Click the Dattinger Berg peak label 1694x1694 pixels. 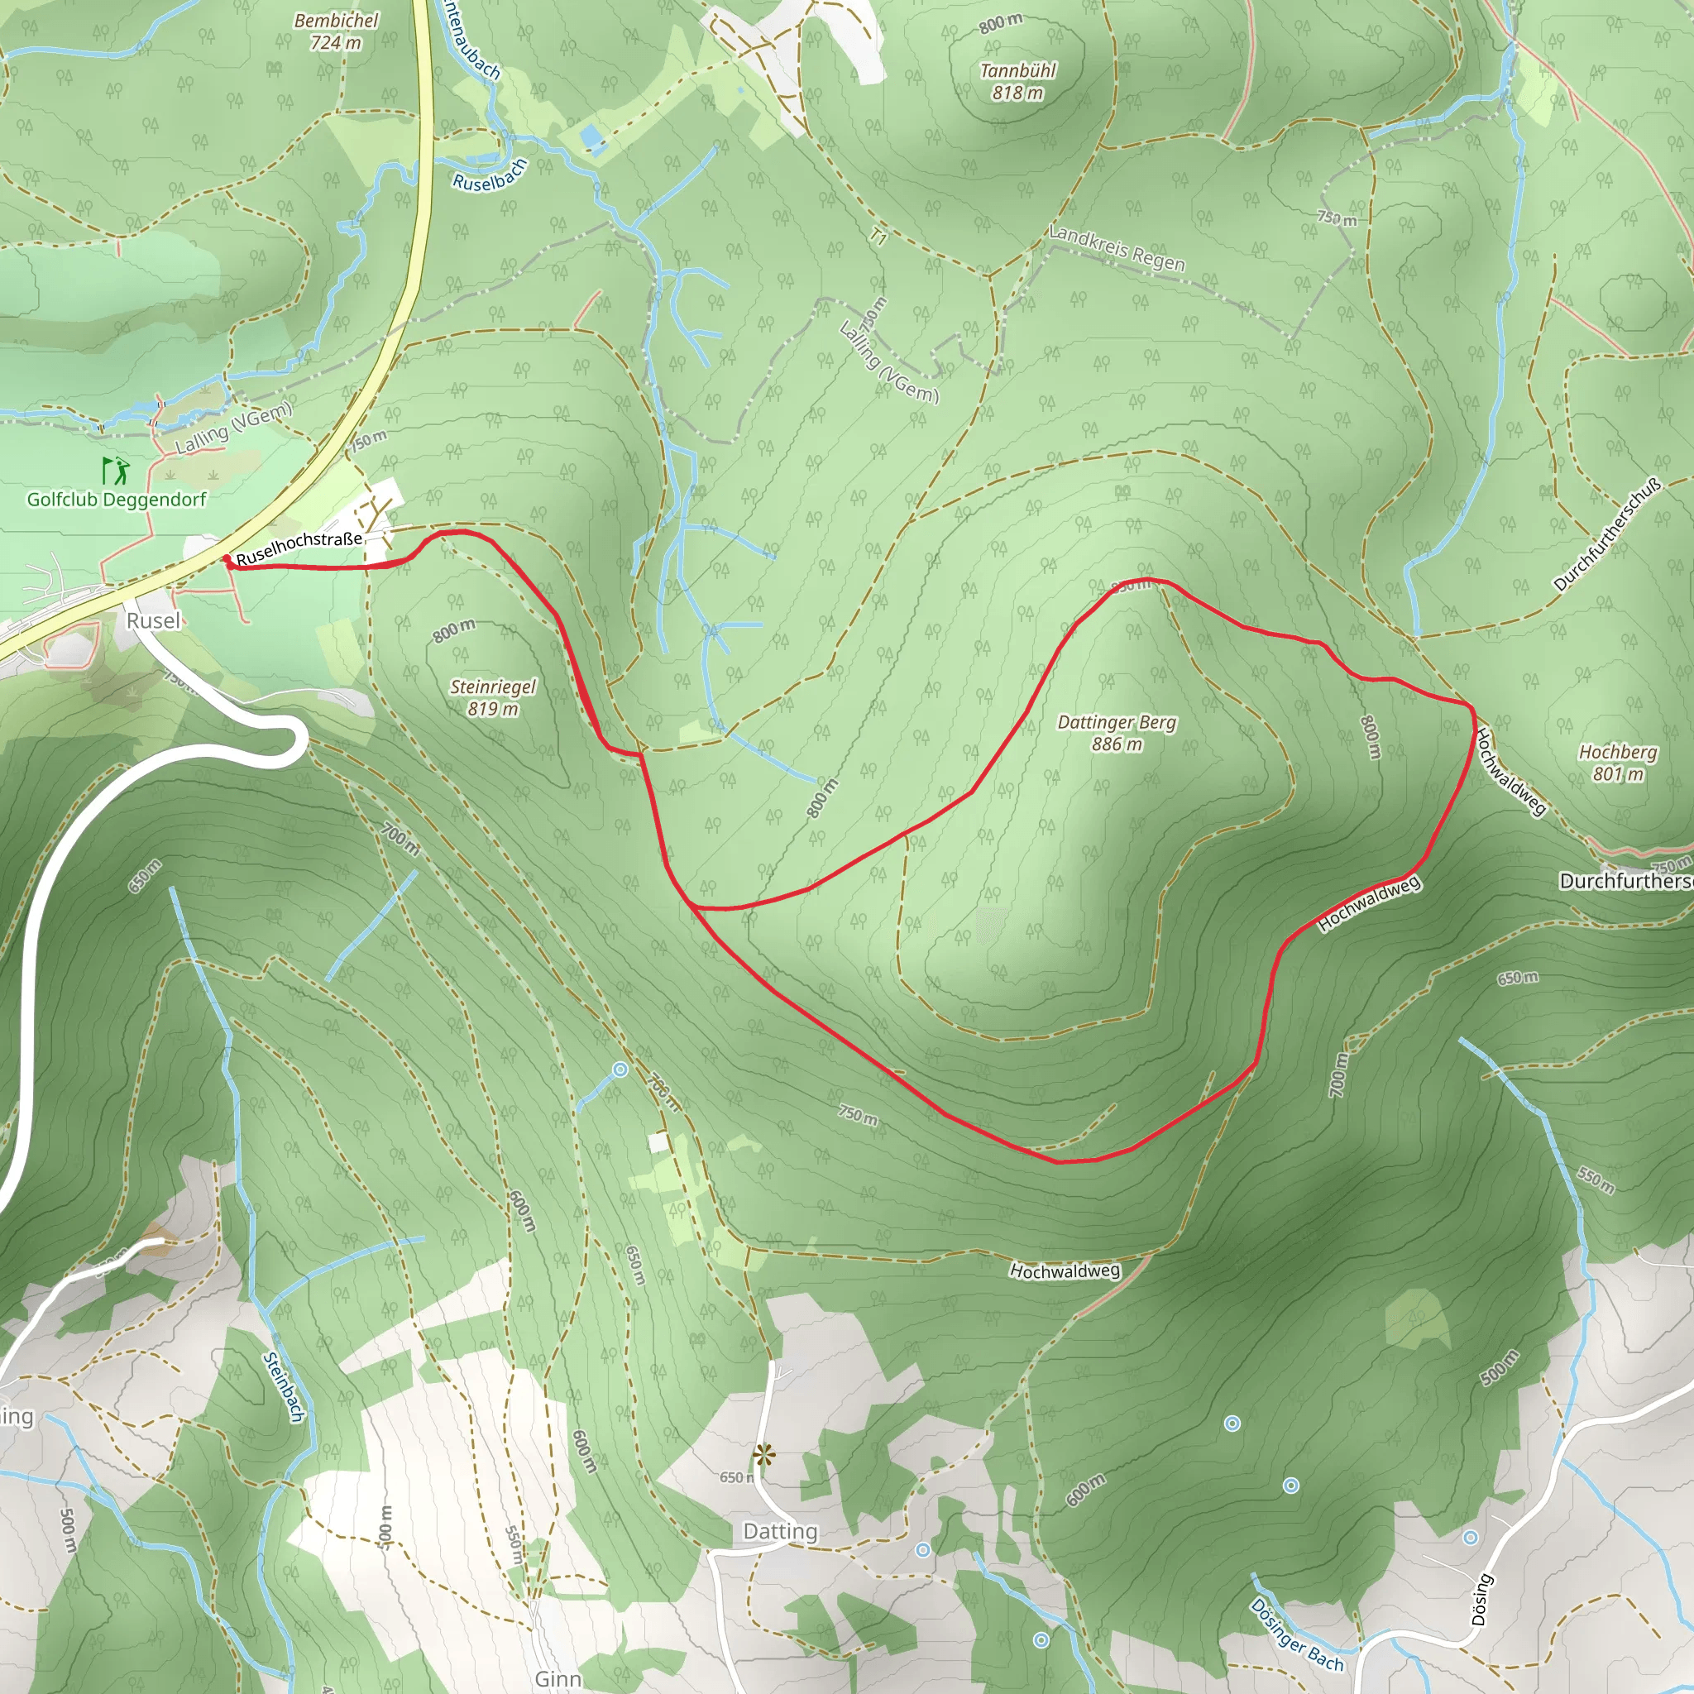pyautogui.click(x=1116, y=733)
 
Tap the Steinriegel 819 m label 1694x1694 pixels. pyautogui.click(x=493, y=698)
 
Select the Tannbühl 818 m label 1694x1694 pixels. pyautogui.click(x=1017, y=82)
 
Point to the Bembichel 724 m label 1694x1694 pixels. pyautogui.click(x=336, y=31)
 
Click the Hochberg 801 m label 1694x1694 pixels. pyautogui.click(x=1618, y=763)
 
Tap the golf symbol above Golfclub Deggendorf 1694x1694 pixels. pyautogui.click(x=115, y=471)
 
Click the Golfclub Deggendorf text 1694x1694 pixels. pyautogui.click(x=117, y=500)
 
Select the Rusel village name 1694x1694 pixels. pyautogui.click(x=154, y=621)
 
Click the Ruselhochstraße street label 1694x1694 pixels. pyautogui.click(x=299, y=547)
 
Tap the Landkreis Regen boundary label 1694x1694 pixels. pyautogui.click(x=1117, y=249)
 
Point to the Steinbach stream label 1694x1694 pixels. pyautogui.click(x=283, y=1386)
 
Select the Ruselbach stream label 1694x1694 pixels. pyautogui.click(x=490, y=175)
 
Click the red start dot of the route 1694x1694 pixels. pyautogui.click(x=227, y=558)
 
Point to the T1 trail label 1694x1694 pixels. pyautogui.click(x=878, y=235)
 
